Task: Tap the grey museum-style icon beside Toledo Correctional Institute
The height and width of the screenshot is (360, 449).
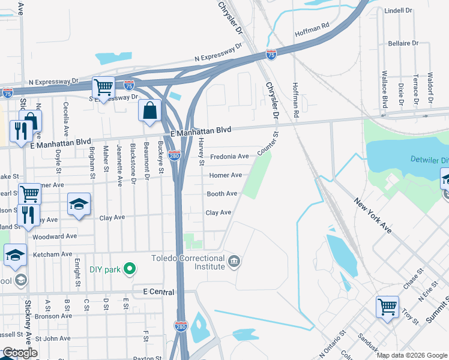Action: [234, 261]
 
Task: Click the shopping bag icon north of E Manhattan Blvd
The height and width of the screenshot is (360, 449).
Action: [149, 111]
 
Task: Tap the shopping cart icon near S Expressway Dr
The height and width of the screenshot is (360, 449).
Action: [103, 88]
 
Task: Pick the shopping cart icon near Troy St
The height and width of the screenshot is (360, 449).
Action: [388, 307]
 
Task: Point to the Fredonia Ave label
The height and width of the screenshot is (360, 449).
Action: [229, 157]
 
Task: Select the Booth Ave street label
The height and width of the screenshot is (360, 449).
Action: [222, 194]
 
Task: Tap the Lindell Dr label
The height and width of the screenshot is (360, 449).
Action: [398, 11]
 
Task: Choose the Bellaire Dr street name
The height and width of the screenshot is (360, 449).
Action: [403, 43]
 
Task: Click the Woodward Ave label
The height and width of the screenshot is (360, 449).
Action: [56, 236]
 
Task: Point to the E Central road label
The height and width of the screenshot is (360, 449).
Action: [158, 292]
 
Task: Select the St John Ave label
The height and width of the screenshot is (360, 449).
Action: [53, 339]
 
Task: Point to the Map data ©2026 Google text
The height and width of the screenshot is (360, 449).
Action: [411, 355]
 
